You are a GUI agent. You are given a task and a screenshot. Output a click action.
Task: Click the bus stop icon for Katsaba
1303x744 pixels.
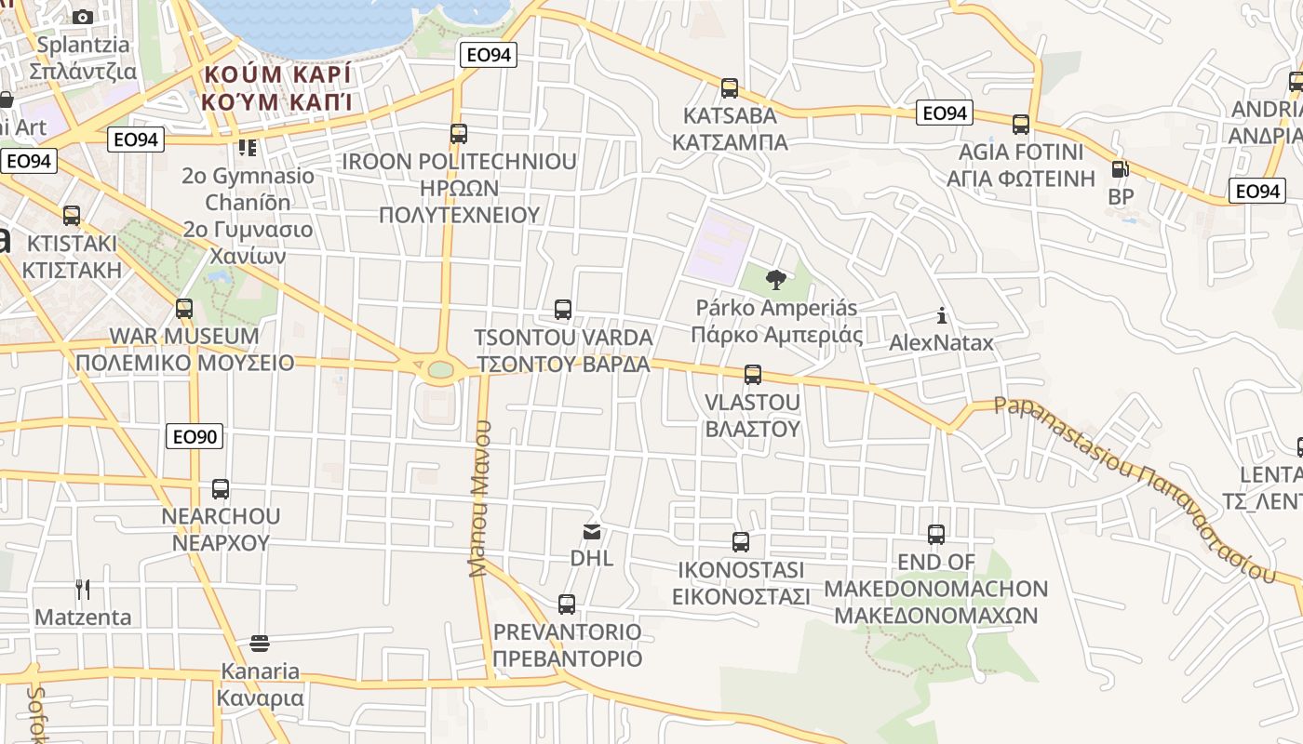[x=730, y=88]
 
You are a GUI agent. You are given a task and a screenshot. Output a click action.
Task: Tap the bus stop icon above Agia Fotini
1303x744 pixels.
[x=1021, y=124]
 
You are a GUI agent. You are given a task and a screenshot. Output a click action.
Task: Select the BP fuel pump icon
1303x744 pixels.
[x=1120, y=170]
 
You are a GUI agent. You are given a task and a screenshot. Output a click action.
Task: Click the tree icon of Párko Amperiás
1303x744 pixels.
[x=775, y=279]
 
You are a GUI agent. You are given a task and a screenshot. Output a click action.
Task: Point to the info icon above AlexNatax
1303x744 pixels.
[x=942, y=315]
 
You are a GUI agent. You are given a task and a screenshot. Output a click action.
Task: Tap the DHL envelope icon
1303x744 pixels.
[x=592, y=532]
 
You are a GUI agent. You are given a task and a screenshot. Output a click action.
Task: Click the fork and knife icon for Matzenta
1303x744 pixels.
[x=83, y=589]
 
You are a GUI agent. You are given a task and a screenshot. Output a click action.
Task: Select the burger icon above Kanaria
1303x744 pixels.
[x=260, y=643]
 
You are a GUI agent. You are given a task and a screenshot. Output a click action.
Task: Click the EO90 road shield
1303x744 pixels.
[x=195, y=435]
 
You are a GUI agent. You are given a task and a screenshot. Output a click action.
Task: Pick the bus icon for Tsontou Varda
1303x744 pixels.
[x=563, y=310]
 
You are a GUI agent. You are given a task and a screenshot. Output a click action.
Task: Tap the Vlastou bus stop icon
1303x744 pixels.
[x=753, y=375]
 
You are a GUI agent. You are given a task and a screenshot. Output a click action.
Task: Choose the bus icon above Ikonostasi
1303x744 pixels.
[x=741, y=541]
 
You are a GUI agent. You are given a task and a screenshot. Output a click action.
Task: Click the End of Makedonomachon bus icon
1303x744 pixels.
[x=936, y=535]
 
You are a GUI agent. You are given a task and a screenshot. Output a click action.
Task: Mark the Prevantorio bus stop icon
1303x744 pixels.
[x=567, y=604]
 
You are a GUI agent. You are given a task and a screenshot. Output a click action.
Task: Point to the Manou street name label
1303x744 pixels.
[x=479, y=498]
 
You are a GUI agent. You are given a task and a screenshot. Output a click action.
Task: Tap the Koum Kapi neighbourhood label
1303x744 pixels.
[x=278, y=87]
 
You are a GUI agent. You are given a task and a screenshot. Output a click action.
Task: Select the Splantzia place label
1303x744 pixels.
[x=83, y=58]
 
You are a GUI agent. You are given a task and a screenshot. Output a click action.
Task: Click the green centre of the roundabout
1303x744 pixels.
[x=440, y=370]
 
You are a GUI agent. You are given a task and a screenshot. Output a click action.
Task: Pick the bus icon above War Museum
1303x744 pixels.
[x=184, y=308]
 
